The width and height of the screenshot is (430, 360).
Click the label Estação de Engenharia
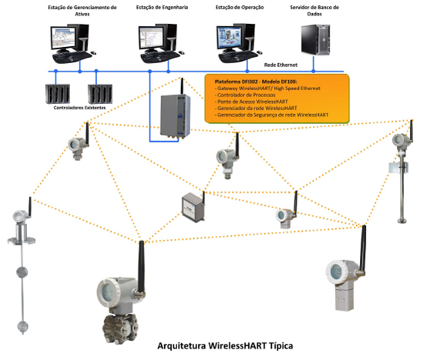[162, 8]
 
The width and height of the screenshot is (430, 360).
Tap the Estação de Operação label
[240, 8]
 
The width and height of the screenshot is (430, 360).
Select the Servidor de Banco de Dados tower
[316, 40]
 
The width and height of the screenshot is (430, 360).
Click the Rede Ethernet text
[281, 65]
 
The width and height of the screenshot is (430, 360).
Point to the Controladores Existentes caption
[79, 108]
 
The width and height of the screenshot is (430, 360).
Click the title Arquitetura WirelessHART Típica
[225, 345]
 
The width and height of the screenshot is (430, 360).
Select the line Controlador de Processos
[246, 95]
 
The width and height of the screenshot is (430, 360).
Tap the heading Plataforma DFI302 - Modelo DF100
[256, 82]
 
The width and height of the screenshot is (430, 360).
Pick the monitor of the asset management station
[62, 38]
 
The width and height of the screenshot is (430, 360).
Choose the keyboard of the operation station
[237, 56]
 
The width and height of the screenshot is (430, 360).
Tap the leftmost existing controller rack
[58, 94]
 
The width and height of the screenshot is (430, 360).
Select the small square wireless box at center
[193, 207]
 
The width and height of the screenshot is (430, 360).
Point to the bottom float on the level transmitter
[23, 327]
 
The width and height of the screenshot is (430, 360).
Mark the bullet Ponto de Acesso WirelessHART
[252, 102]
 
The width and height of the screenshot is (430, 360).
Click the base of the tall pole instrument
[402, 220]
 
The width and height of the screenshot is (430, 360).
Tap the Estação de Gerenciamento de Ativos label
[82, 11]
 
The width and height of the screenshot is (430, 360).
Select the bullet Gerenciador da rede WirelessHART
[257, 108]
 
